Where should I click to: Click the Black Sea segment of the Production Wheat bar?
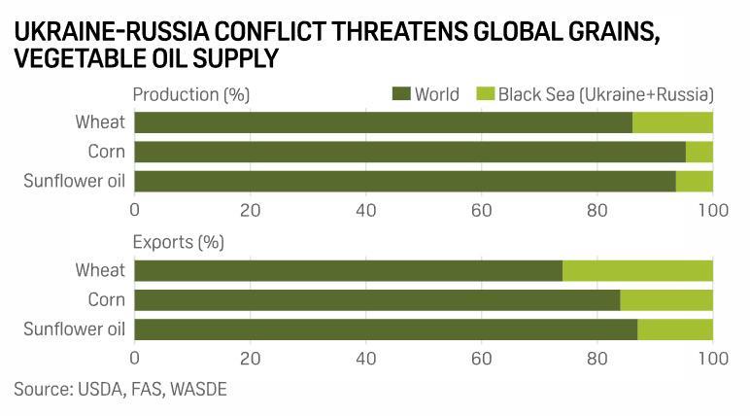(x=672, y=122)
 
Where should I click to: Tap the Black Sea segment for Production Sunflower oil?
(x=694, y=182)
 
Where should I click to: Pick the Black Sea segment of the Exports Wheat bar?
(x=637, y=270)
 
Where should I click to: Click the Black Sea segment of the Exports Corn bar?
(x=666, y=300)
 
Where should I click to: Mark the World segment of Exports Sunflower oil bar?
(x=386, y=329)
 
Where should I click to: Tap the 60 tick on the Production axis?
(x=482, y=210)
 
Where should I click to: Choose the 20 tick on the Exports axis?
(x=251, y=358)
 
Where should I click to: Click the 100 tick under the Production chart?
(x=713, y=210)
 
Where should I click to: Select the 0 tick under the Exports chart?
(x=135, y=358)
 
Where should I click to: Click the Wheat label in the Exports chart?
(x=100, y=270)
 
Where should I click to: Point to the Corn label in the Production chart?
(x=107, y=152)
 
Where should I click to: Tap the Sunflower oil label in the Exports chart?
(x=75, y=329)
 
